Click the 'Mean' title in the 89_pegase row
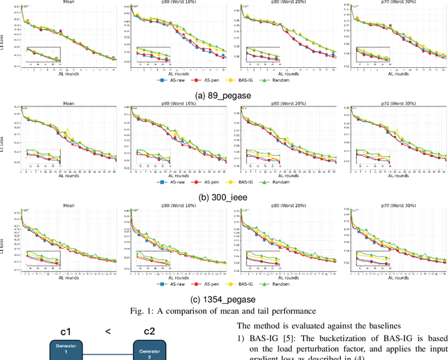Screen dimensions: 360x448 (x=68, y=4)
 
